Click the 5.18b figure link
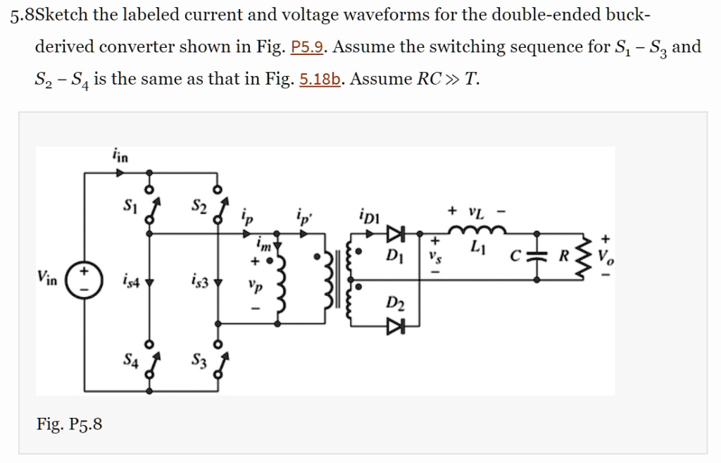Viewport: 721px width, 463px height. [x=320, y=79]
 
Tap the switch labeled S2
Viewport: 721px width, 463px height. [x=220, y=208]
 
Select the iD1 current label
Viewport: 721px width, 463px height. [x=368, y=215]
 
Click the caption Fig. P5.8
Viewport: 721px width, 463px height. [x=69, y=424]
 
